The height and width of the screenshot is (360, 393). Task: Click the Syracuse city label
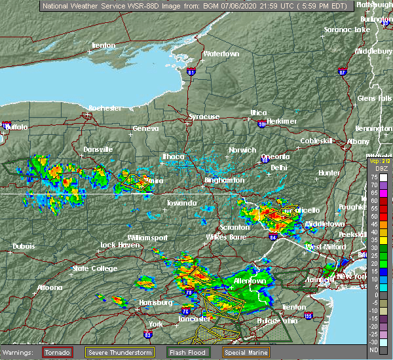(x=204, y=117)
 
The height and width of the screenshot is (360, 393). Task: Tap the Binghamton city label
(x=225, y=180)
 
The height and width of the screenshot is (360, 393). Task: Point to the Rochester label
(x=105, y=107)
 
